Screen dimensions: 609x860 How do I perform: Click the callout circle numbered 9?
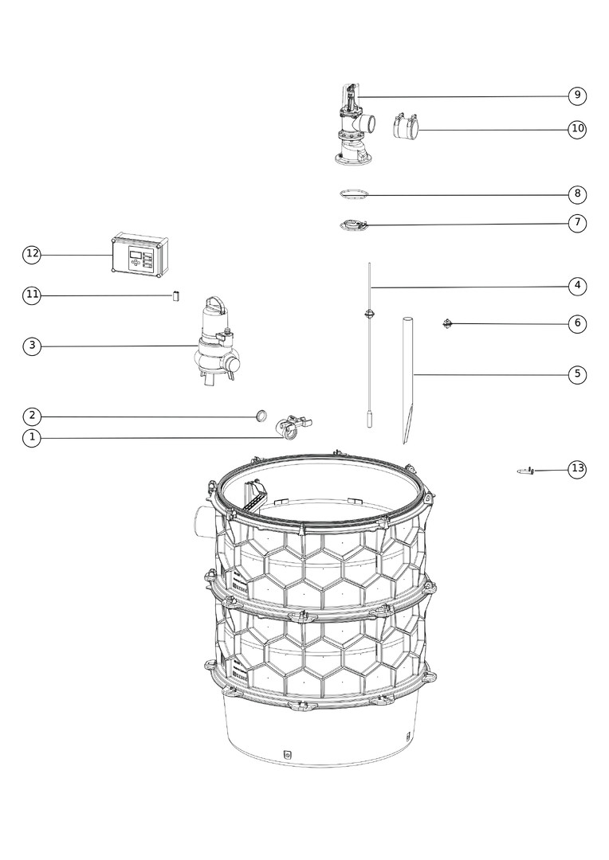(577, 96)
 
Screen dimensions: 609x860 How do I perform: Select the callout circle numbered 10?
(577, 129)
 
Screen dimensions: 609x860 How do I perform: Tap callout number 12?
(32, 254)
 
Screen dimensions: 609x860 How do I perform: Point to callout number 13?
(577, 469)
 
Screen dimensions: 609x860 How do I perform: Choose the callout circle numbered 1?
(32, 438)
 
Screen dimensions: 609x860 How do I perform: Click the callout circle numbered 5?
(577, 374)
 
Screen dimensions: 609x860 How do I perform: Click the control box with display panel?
(140, 255)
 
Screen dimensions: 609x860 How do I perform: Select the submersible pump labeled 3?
(216, 341)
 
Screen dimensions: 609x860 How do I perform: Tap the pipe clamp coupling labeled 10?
(407, 127)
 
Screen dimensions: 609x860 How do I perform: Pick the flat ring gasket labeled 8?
(353, 194)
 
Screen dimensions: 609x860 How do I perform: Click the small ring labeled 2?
(261, 415)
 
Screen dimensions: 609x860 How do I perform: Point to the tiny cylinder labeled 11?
(175, 295)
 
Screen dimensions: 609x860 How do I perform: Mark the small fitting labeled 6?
(447, 323)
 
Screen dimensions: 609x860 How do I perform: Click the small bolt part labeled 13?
(525, 471)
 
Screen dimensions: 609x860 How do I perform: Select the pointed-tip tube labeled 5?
(407, 380)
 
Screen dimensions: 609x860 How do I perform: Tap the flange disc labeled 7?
(353, 225)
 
